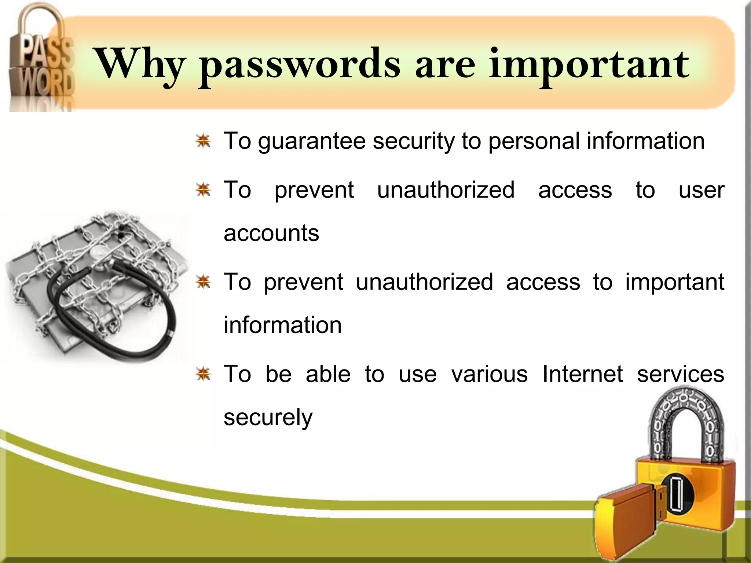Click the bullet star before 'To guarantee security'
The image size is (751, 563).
203,141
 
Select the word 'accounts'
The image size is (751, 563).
271,233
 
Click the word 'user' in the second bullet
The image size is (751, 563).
701,190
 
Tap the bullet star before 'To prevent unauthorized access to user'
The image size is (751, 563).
203,190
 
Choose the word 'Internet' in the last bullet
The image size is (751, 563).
582,374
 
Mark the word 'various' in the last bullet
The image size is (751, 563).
490,374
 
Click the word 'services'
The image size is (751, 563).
680,374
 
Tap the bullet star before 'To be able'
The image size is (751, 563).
203,374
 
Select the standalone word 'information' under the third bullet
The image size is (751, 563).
282,325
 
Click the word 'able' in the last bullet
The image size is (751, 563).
328,374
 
